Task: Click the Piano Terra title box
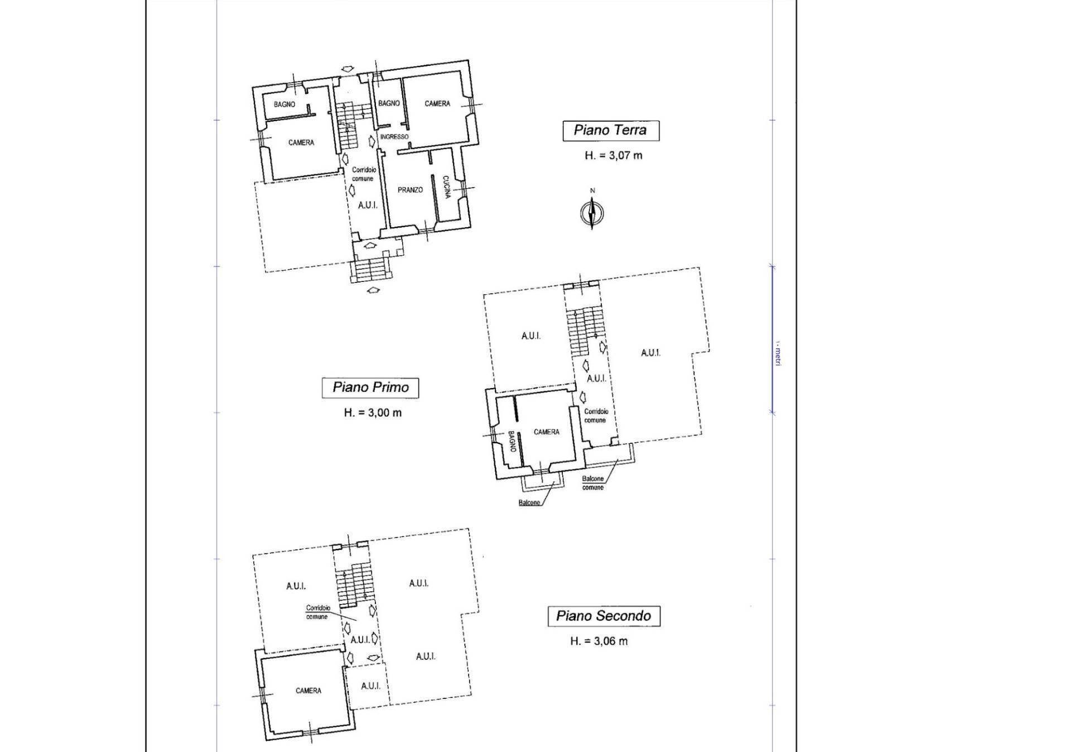611,131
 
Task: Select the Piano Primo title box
370,387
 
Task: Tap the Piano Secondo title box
604,616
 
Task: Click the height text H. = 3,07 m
613,155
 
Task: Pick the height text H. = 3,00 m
373,413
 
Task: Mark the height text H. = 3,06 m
599,641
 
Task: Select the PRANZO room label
410,190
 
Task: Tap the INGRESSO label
394,137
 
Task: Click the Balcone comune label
593,483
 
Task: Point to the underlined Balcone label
529,502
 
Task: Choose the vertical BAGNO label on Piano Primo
511,442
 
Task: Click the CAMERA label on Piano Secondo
308,691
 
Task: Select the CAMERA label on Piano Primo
546,432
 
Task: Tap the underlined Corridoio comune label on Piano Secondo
317,612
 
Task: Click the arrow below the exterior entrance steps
373,290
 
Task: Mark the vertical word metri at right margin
778,356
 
